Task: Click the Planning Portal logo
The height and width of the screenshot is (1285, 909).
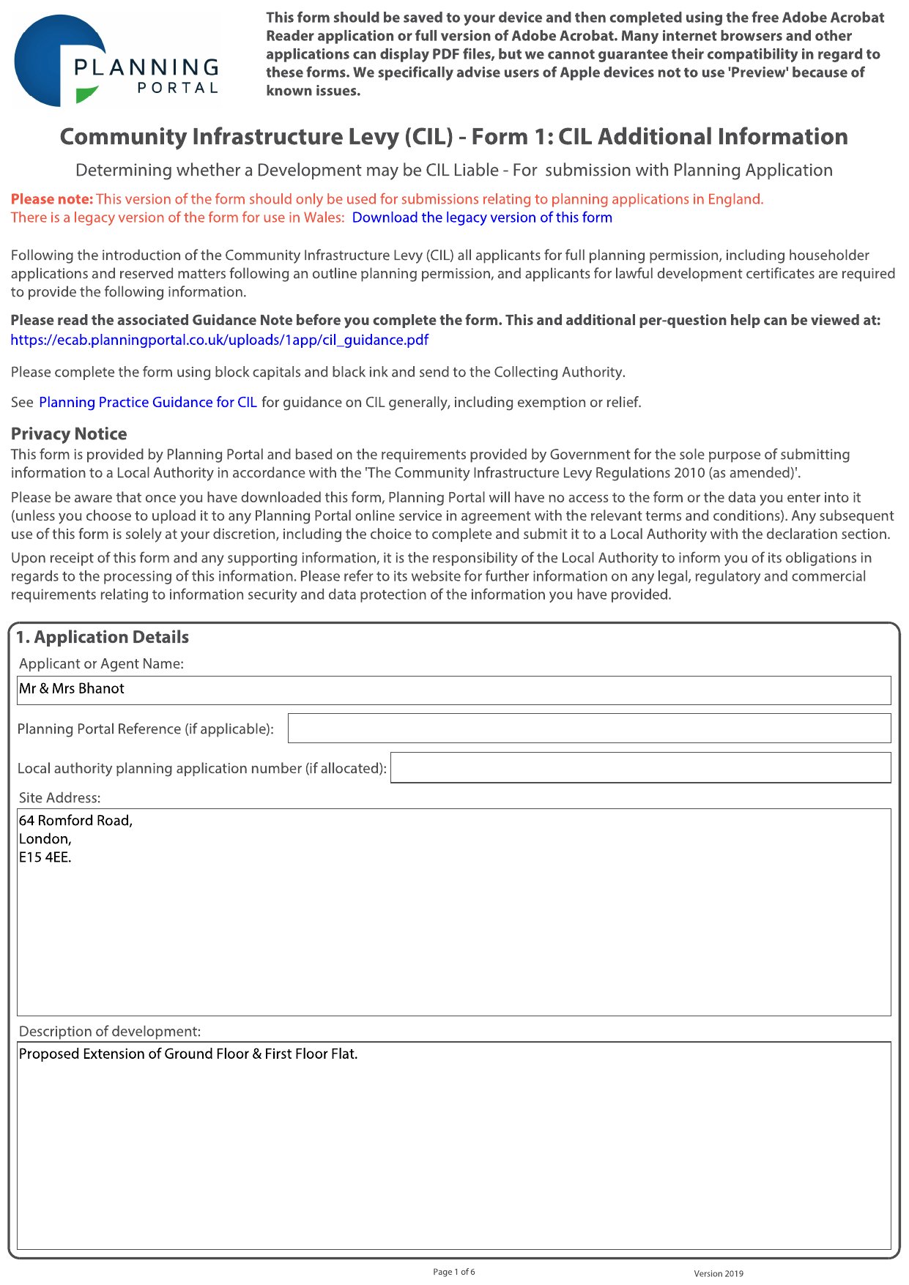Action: coord(117,62)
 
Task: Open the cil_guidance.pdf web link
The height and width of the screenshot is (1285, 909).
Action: coord(219,340)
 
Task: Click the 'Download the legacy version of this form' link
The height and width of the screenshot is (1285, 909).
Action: coord(481,217)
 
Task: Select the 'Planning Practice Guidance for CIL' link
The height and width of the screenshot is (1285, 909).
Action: coord(147,402)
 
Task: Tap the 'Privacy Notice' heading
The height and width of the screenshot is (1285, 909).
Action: coord(69,433)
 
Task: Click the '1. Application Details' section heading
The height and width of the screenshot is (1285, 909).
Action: coord(103,637)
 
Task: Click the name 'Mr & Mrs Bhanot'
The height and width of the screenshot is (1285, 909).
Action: coord(72,688)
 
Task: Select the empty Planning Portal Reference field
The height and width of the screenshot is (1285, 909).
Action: coord(589,729)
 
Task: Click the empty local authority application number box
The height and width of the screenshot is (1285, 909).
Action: coord(640,768)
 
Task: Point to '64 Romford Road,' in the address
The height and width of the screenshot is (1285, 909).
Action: coord(75,820)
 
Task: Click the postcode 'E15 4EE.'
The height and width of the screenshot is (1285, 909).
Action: coord(45,857)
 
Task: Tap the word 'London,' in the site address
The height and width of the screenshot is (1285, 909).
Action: coord(45,839)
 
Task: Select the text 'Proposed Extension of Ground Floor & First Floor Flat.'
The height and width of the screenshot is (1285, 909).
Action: coord(188,1054)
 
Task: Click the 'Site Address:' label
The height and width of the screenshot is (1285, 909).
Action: coord(60,797)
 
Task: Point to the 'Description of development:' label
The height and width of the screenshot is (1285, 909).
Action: coord(110,1031)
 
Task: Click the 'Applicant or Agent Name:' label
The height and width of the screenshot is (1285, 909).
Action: coord(101,663)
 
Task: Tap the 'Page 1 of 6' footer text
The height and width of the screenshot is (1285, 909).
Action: coord(453,1272)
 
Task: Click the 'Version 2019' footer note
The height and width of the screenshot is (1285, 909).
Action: coord(718,1273)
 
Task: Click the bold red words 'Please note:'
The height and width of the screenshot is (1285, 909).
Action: coord(52,199)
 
